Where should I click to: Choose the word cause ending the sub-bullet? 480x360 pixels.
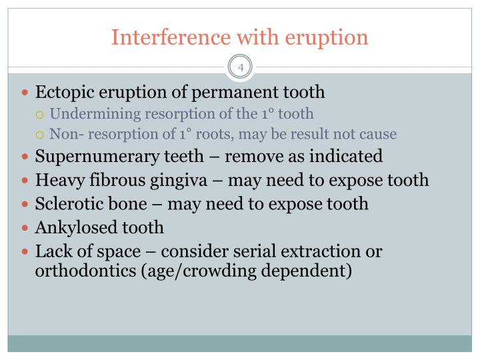tap(378, 134)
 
